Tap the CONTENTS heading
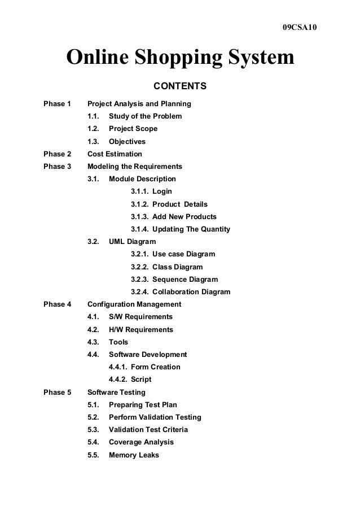click(181, 87)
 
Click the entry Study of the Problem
click(145, 116)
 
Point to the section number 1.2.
click(94, 129)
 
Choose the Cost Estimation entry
click(115, 154)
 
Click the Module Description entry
click(142, 179)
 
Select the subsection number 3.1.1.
click(141, 191)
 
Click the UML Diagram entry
click(132, 242)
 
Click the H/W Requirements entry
click(141, 330)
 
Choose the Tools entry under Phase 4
click(118, 342)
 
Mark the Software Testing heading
click(117, 392)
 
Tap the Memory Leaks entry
click(134, 455)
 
